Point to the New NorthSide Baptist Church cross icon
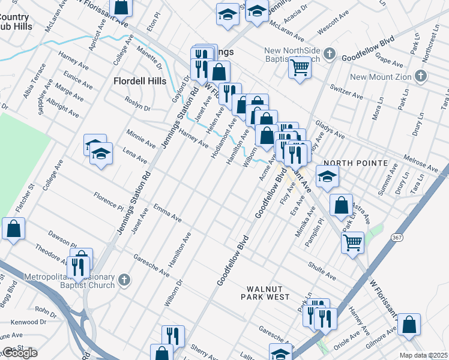click(329, 55)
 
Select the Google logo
click(20, 353)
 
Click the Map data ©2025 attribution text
click(424, 355)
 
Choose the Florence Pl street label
click(108, 202)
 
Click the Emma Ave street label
click(167, 214)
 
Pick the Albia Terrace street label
click(33, 82)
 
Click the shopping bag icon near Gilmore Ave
click(409, 325)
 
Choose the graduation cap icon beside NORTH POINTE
click(327, 177)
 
